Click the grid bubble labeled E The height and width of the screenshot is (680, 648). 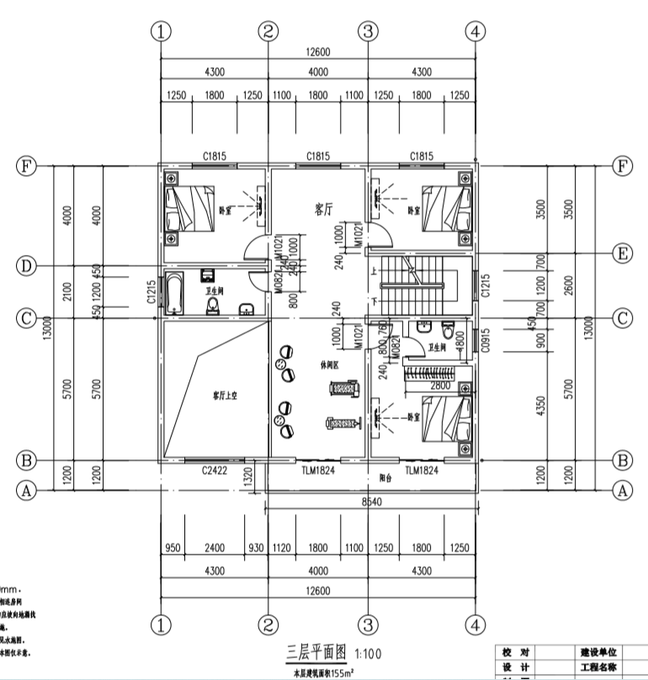coord(622,252)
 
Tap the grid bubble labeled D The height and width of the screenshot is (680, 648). coord(26,266)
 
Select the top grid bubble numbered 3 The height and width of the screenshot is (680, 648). coord(367,32)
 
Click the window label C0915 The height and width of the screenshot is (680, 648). coord(484,340)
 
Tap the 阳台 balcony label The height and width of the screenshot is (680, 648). coord(387,475)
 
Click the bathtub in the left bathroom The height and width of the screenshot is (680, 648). coord(174,295)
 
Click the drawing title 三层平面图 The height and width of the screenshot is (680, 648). coord(318,652)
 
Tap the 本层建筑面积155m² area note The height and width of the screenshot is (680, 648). coord(323,672)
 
